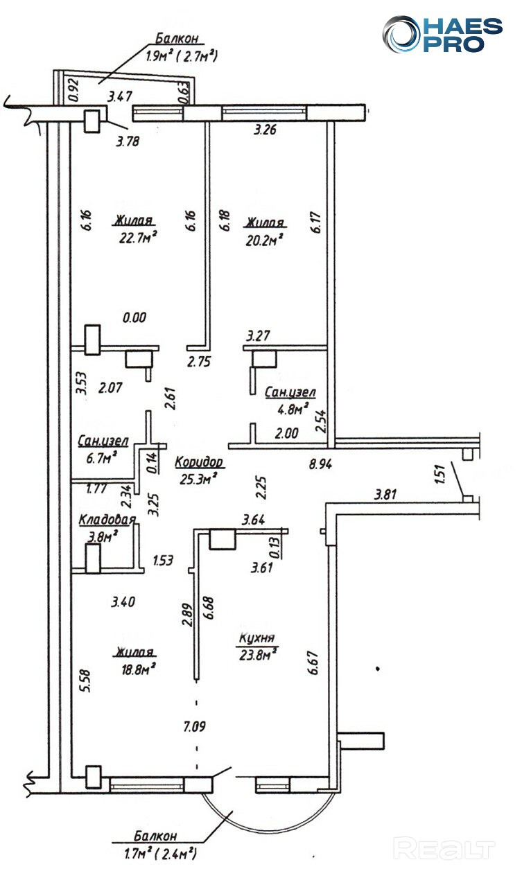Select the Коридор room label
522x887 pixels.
[x=198, y=462]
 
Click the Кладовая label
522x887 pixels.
[x=107, y=520]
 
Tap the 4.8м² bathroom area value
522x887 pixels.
[x=290, y=409]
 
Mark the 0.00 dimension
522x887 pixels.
[x=134, y=318]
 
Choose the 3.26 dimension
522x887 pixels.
[x=266, y=130]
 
